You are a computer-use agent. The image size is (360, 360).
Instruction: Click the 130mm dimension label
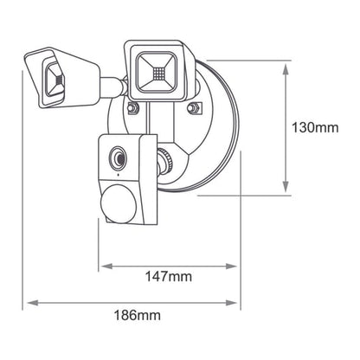click(315, 127)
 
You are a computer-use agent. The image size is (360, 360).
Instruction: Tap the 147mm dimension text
click(168, 277)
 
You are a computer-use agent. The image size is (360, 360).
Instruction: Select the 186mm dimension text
click(138, 315)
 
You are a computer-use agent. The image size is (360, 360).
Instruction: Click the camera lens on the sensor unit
click(118, 157)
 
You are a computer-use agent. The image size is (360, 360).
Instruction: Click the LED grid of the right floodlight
click(158, 74)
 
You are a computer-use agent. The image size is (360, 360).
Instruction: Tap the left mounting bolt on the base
click(132, 108)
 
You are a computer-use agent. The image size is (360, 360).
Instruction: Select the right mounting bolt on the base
click(195, 108)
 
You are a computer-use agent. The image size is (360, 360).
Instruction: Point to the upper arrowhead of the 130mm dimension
click(286, 70)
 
